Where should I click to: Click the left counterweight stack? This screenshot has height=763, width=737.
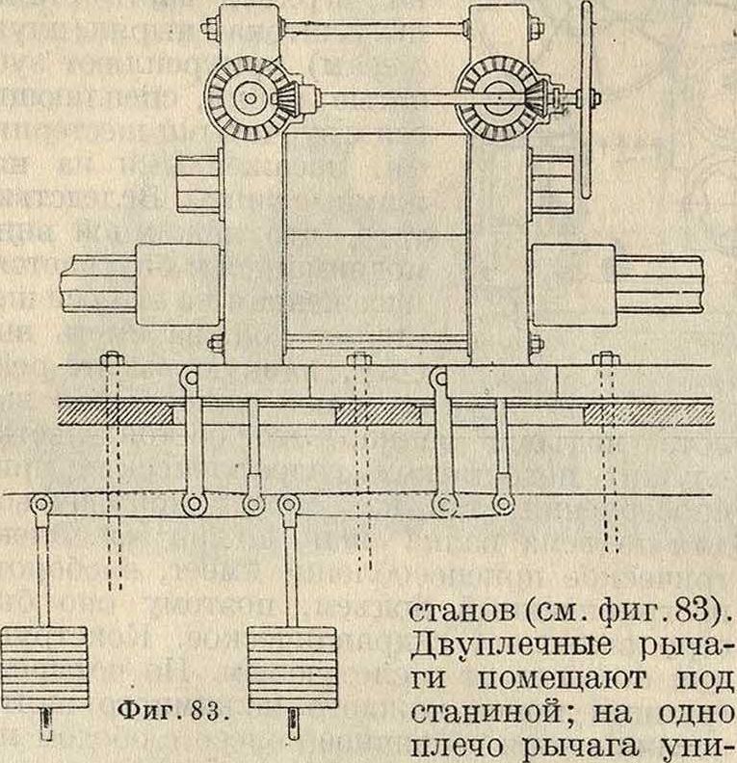[44, 668]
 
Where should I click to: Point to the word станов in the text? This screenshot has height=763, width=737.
[461, 612]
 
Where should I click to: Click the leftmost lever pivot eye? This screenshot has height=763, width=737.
[39, 504]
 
